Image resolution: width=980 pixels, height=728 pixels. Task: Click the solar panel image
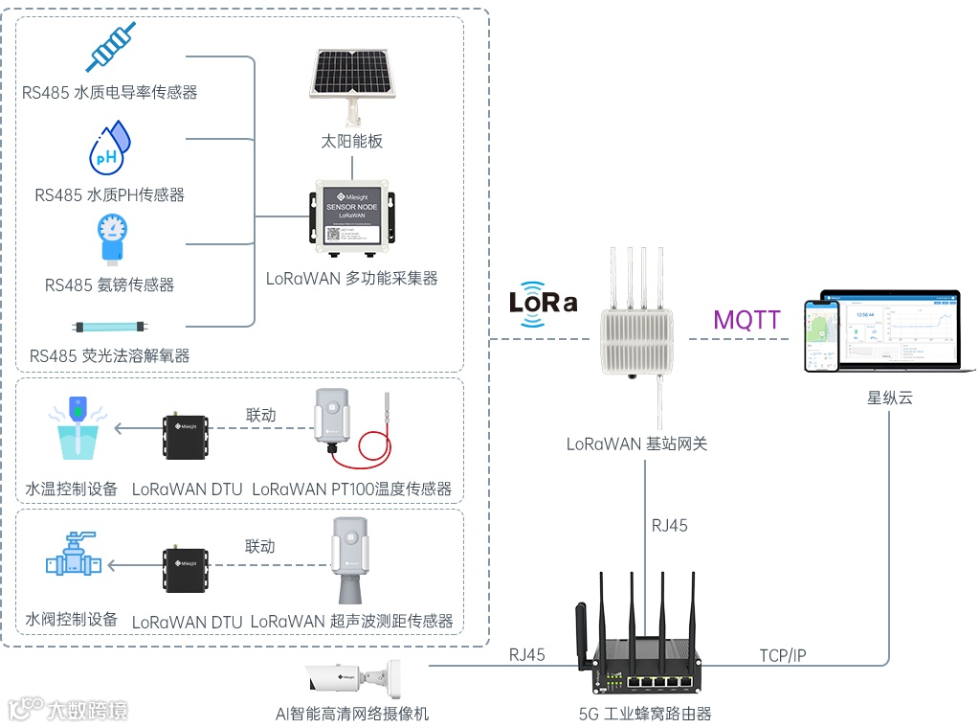click(351, 80)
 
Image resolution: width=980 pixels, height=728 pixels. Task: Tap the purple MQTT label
click(746, 320)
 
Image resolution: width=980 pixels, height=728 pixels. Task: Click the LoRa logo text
click(543, 303)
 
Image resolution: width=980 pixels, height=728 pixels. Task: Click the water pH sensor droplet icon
click(109, 148)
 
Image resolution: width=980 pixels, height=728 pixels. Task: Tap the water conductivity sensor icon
click(110, 47)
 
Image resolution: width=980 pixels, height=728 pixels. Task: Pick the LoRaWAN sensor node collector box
click(353, 221)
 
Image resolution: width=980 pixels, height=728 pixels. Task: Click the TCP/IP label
click(782, 655)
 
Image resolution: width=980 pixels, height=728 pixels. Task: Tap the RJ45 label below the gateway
click(669, 525)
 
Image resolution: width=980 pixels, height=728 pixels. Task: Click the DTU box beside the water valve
click(186, 565)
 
